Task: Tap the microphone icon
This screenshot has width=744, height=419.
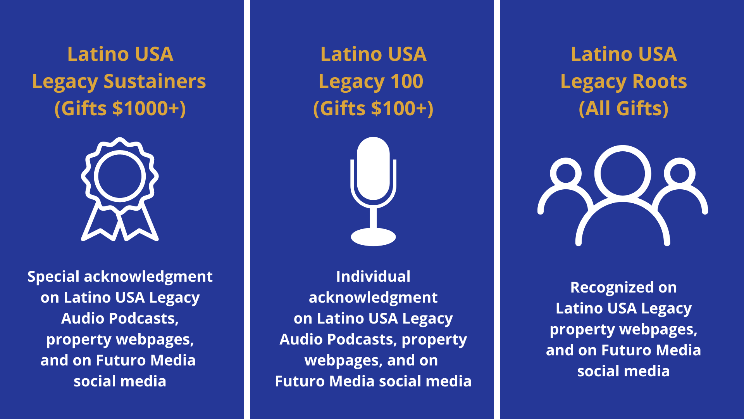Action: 373,191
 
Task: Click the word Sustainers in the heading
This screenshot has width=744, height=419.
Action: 155,81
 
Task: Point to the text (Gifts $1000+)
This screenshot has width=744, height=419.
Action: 120,108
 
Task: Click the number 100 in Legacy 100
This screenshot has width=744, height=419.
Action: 407,81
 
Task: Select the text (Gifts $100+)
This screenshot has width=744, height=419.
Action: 373,108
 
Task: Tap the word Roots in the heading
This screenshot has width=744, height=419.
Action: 660,81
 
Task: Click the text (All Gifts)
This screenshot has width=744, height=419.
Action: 623,108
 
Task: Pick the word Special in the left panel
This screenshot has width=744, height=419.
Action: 53,277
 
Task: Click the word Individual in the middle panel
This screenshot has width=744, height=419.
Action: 373,277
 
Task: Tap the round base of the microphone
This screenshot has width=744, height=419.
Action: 373,237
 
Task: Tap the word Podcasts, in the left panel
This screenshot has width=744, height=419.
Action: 144,319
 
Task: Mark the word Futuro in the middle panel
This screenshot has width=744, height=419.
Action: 300,381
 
